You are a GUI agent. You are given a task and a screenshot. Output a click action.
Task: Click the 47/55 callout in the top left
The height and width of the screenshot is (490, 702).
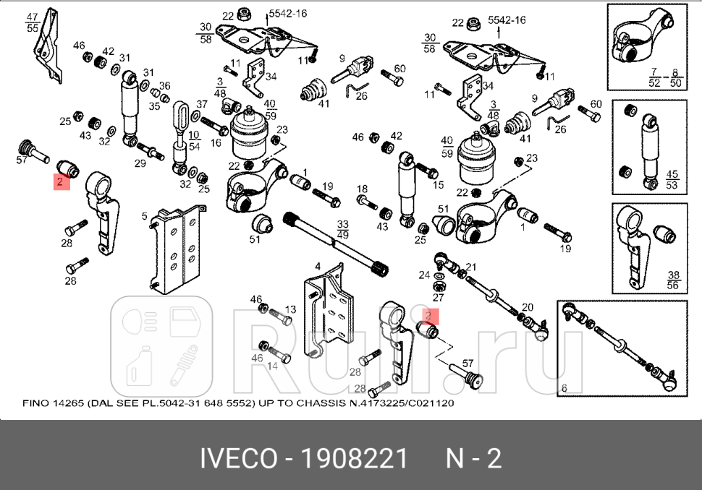32,22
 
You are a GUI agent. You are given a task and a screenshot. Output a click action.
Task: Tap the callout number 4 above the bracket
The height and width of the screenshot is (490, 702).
317,267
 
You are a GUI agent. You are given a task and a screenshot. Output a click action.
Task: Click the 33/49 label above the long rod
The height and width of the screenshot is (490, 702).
343,229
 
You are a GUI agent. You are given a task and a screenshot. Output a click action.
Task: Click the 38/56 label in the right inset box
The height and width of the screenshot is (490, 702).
672,280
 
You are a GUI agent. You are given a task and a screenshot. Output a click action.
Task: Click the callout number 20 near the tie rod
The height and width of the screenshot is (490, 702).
527,307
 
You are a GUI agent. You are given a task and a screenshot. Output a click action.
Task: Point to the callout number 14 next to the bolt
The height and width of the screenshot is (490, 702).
273,366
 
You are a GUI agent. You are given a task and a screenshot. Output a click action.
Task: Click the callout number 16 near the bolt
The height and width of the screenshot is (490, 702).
215,143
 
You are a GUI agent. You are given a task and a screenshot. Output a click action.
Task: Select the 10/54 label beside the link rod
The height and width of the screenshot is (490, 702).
194,141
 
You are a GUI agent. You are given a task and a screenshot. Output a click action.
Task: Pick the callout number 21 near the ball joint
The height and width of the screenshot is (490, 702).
471,267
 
